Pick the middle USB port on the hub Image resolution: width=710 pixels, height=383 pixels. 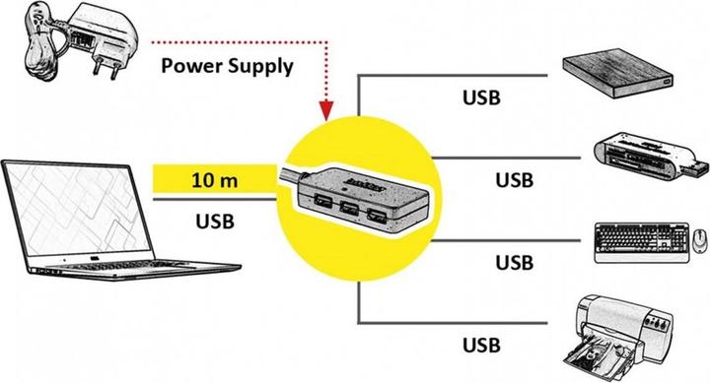(x=350, y=211)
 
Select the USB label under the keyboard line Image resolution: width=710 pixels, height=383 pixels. (x=515, y=262)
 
